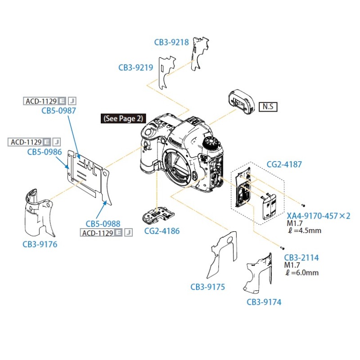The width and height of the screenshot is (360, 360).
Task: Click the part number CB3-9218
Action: coord(171,42)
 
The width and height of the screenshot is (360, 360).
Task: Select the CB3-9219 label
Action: coord(136,68)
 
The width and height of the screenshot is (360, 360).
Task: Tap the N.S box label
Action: coord(268,107)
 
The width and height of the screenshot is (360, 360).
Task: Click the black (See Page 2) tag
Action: coord(123,119)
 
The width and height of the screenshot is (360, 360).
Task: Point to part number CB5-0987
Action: coord(58,110)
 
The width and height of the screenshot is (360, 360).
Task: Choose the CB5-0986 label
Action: coord(45,152)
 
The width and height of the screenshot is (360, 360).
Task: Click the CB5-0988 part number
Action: coord(103,223)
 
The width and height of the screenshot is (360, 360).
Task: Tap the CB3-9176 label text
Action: coord(40,244)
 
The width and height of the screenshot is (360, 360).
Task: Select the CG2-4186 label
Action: coord(162,231)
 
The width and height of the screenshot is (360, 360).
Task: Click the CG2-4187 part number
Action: coord(284,165)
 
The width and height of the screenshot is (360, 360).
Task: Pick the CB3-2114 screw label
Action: coord(301,258)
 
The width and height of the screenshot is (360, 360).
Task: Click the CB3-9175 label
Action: coord(207,287)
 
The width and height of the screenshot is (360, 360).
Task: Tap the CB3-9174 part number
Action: coord(264,302)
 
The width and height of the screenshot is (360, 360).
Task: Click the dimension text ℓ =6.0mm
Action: coord(302,273)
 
